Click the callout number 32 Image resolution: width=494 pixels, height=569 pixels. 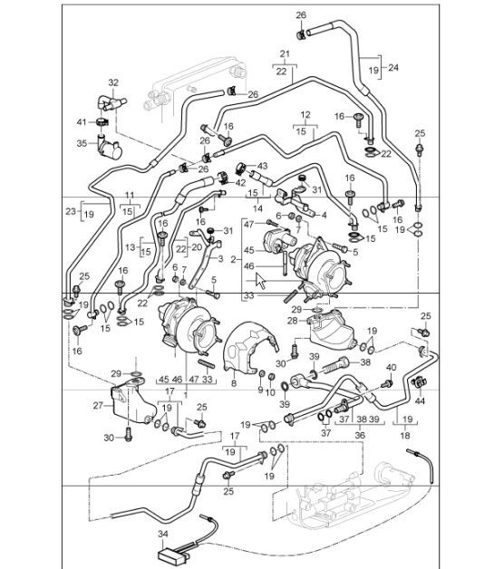(x=113, y=82)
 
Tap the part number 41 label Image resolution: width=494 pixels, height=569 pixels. (x=81, y=122)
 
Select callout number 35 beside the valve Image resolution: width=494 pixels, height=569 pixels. (x=81, y=143)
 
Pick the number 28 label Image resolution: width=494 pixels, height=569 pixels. (x=293, y=322)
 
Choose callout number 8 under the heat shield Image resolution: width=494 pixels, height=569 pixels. (x=233, y=384)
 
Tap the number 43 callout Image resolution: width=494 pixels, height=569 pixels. (x=263, y=166)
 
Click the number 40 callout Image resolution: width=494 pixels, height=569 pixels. (x=391, y=367)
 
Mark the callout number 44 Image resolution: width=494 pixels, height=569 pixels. (x=420, y=400)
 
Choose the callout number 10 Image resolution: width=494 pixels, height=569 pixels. (x=270, y=391)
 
